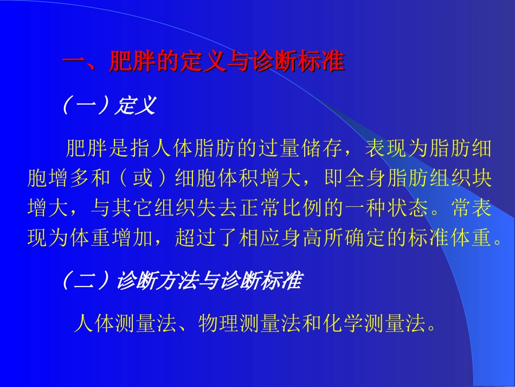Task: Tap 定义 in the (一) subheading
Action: coord(136,105)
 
